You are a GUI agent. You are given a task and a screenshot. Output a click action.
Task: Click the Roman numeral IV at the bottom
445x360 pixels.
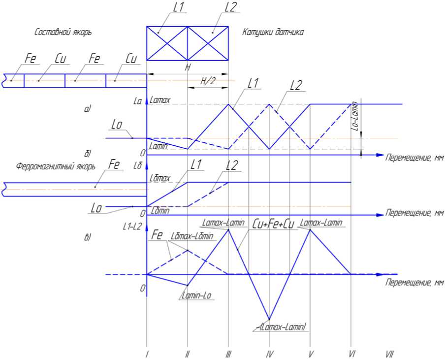coord(269,353)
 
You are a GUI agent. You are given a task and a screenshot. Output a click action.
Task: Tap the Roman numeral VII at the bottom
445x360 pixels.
coord(389,353)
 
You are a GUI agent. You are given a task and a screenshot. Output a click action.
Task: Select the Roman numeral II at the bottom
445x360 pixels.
coord(188,353)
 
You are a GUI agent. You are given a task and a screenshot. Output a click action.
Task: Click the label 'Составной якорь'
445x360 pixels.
coord(64,33)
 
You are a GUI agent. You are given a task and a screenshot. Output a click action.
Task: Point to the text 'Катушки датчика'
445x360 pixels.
coord(273,33)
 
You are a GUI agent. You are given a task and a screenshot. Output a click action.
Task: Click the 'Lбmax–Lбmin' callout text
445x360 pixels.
coord(192,236)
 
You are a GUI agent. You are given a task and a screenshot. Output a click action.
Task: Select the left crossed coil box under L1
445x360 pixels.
coord(167,43)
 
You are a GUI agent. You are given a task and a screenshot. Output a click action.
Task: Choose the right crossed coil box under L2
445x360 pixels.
coord(208,43)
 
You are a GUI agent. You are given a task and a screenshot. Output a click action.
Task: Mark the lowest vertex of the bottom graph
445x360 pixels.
coord(269,319)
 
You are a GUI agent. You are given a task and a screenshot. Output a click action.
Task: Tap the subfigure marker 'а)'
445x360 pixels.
coord(88,109)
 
